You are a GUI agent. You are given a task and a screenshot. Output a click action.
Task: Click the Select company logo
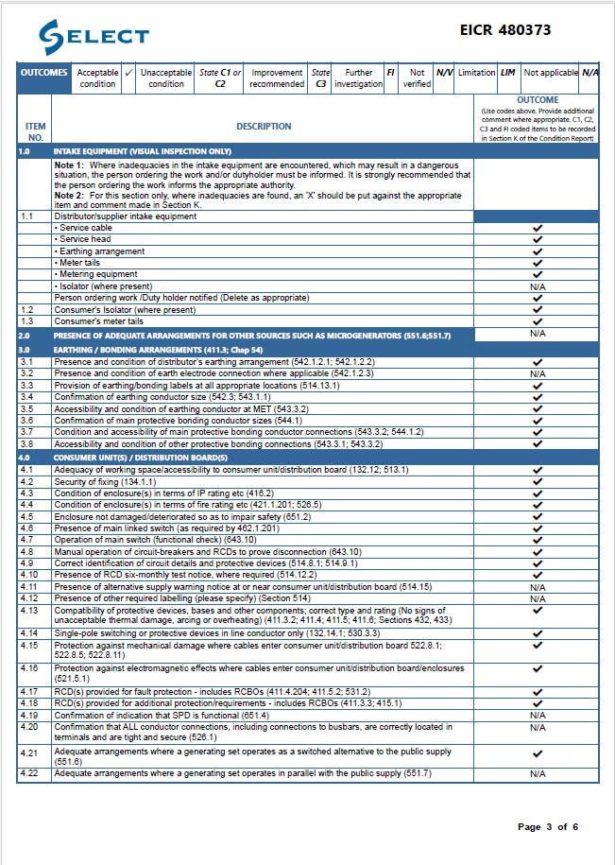point(94,37)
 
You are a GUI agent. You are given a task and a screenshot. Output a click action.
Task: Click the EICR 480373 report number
point(505,30)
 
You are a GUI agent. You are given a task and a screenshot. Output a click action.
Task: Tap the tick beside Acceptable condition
point(129,73)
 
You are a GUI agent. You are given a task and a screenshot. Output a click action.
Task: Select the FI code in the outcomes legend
point(390,73)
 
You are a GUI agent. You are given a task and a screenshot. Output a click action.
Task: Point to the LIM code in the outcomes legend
point(507,73)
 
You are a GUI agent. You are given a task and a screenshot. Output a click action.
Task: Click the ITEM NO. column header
point(35,131)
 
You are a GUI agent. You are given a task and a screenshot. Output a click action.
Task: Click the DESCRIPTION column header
point(264,126)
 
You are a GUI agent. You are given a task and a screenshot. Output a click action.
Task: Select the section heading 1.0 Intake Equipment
point(143,151)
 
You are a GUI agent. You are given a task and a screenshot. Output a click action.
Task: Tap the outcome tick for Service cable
point(538,229)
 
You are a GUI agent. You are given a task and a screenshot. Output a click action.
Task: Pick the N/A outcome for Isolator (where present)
point(538,286)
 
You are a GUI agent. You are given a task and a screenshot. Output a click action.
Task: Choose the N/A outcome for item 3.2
point(538,374)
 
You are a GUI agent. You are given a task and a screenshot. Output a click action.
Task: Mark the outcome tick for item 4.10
point(538,575)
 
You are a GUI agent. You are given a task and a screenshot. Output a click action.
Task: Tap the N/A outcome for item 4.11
point(538,587)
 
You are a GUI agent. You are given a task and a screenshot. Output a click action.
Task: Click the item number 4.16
point(28,668)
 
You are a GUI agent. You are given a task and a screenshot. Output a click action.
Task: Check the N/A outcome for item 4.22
point(538,773)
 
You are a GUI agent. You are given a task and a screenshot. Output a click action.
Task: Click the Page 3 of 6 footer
point(548,827)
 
